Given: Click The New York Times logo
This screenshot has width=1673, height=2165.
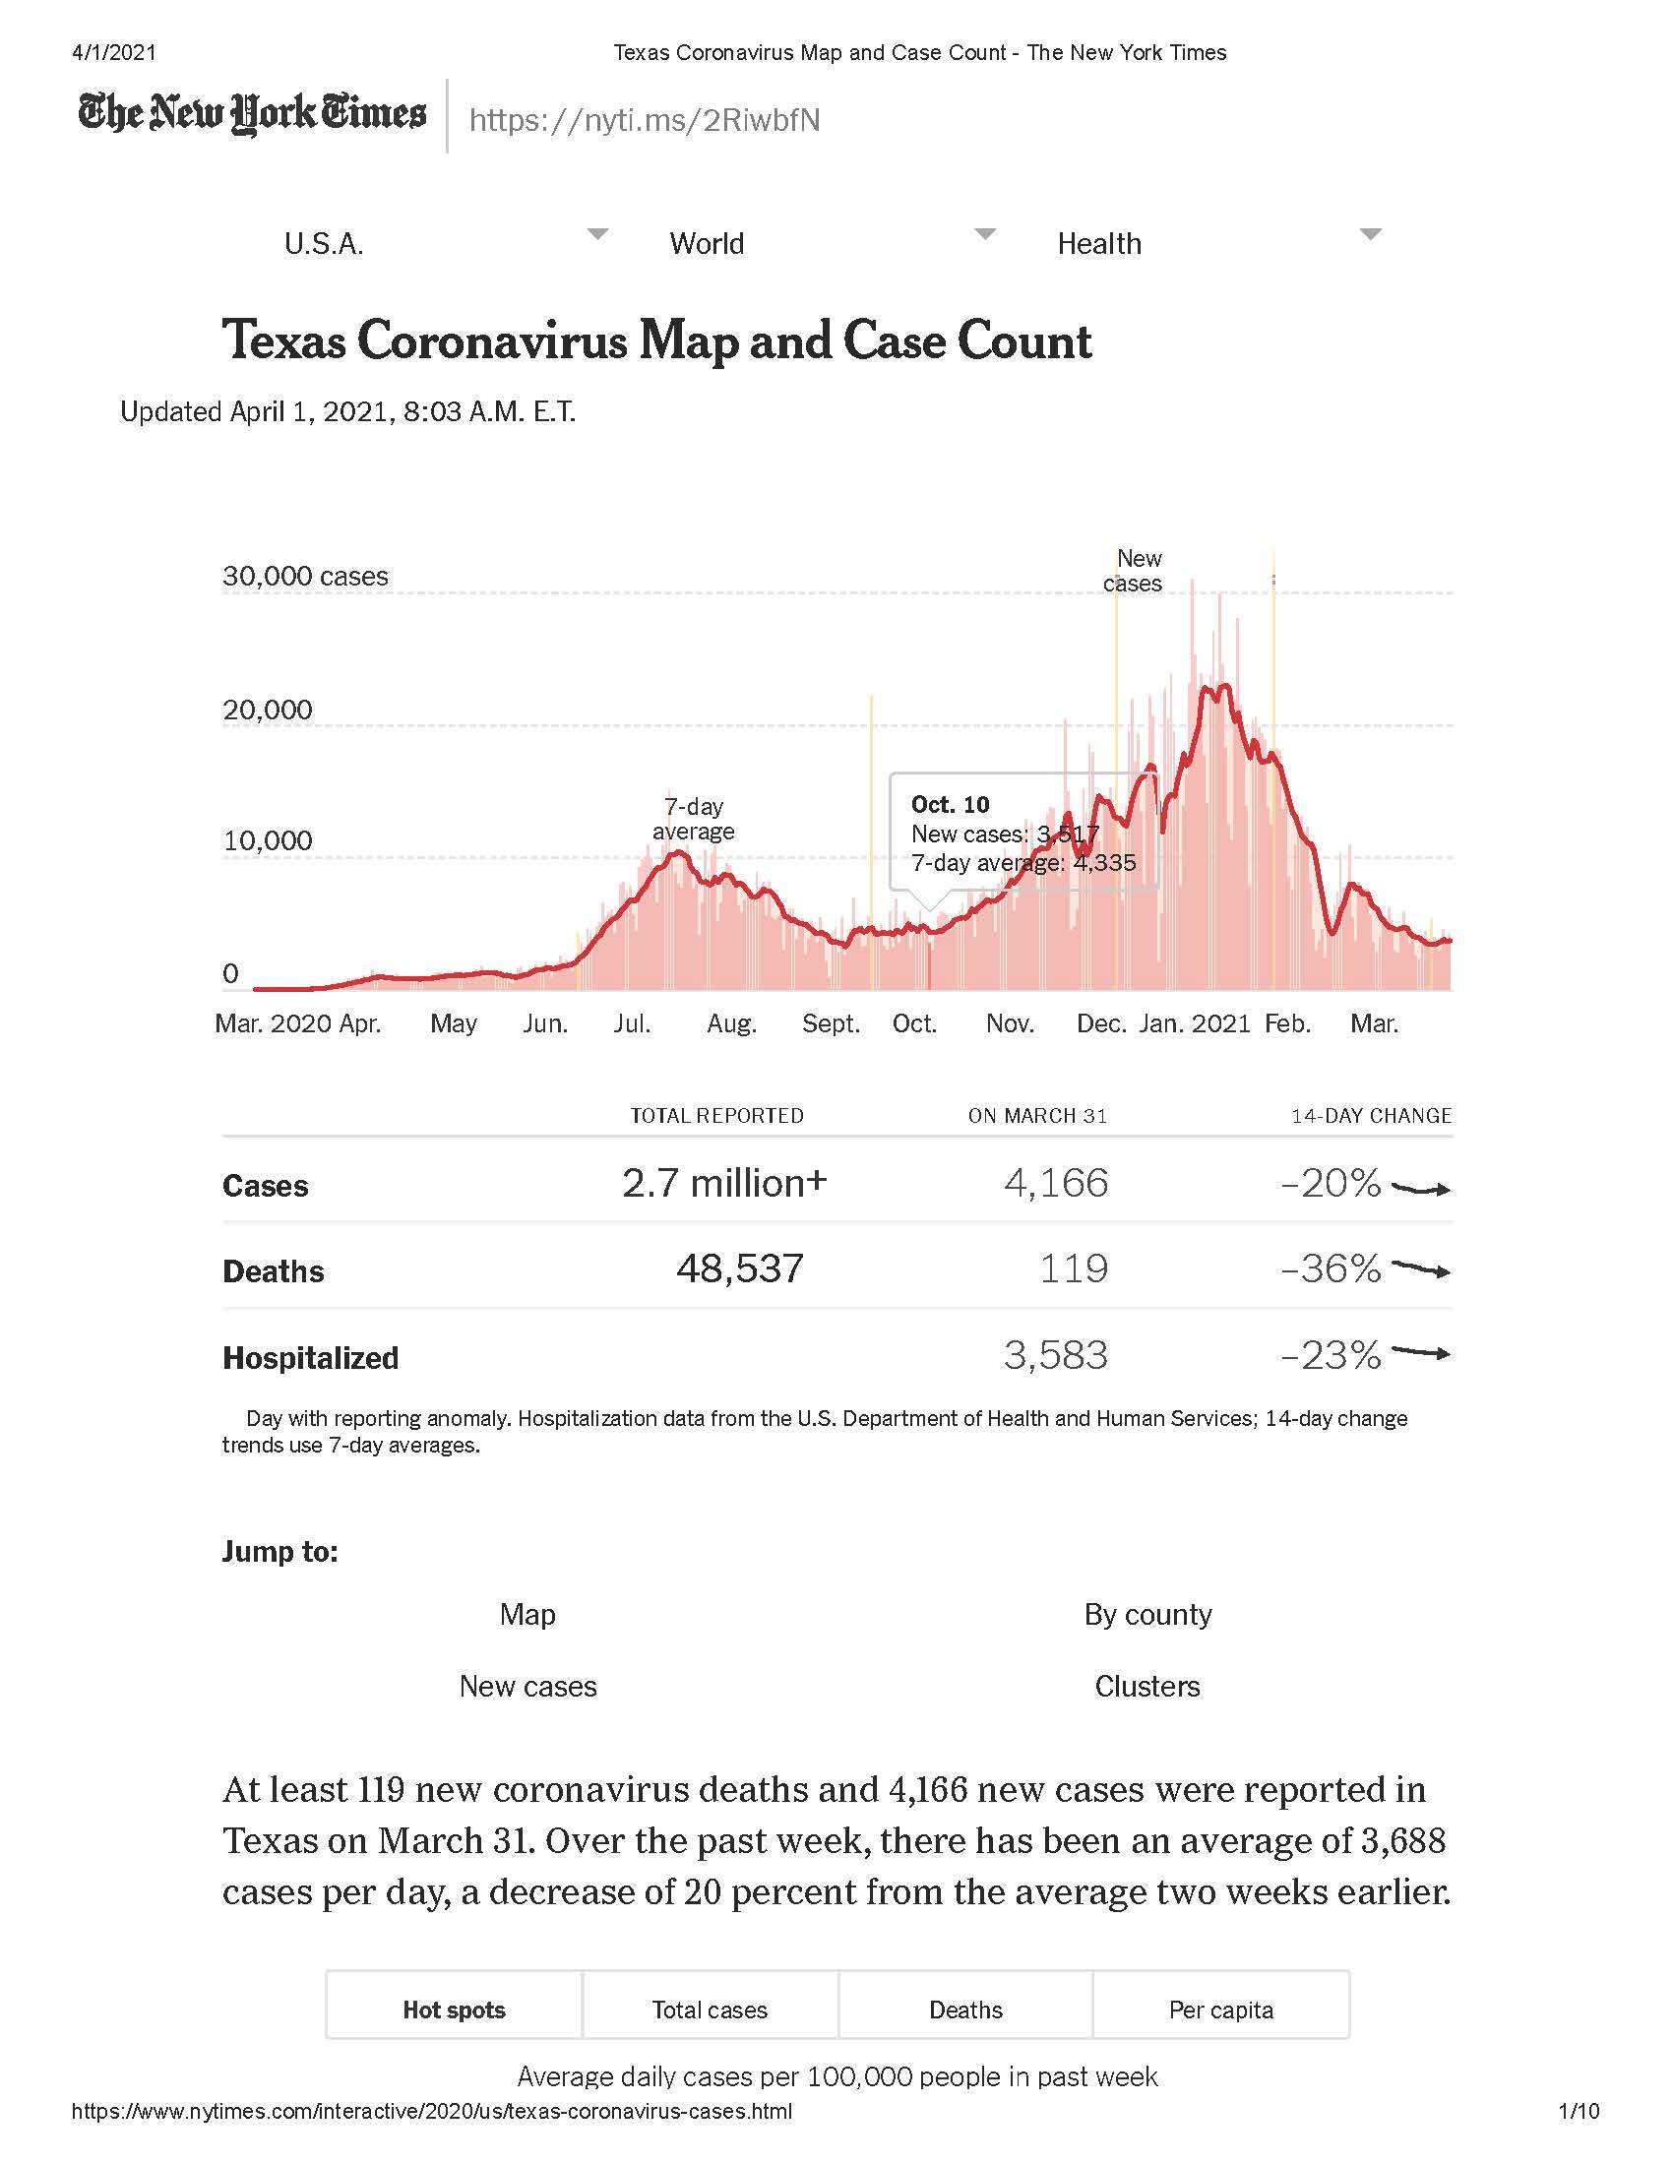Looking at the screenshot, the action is click(252, 113).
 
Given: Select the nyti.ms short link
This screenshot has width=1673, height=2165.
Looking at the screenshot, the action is click(645, 120).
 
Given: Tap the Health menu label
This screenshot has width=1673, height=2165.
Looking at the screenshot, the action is click(1099, 244).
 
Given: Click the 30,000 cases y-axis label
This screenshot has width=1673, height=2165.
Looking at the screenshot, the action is click(305, 576).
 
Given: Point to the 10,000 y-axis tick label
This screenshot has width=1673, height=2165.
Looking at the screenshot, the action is click(268, 840).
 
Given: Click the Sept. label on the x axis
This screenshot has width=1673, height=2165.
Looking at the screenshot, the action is click(831, 1023).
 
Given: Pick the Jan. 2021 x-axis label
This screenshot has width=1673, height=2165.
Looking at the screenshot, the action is click(1196, 1023).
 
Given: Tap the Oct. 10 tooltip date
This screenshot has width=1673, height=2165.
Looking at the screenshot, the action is click(950, 804).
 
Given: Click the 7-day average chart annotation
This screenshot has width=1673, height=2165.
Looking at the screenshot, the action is click(693, 819).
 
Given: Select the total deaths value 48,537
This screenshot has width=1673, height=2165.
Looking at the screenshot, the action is click(739, 1268).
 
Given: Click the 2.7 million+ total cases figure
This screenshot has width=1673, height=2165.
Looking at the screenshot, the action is click(723, 1183).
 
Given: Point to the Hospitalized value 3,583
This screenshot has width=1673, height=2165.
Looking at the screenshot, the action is click(1056, 1355).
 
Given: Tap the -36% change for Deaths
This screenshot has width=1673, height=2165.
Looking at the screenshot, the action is click(1331, 1268).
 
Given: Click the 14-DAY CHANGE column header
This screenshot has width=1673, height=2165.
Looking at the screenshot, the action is click(1372, 1116).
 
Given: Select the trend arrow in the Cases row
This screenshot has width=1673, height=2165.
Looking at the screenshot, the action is click(1421, 1188).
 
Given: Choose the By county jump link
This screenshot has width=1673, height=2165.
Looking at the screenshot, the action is click(1147, 1615).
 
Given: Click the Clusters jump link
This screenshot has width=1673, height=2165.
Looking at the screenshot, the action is click(1147, 1686).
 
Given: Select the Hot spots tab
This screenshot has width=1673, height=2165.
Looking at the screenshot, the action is click(454, 2010).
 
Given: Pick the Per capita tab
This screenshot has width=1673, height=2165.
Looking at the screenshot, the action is click(1221, 2010).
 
